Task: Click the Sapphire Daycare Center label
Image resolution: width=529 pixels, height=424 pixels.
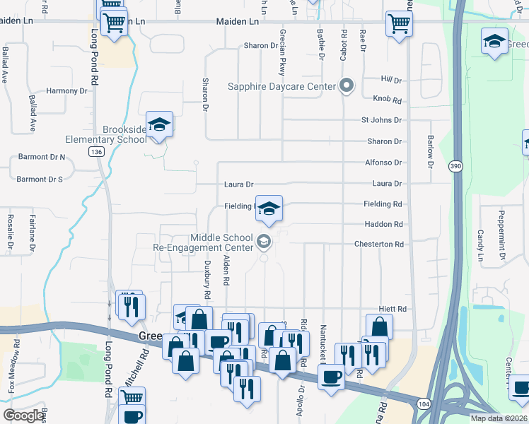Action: point(281,87)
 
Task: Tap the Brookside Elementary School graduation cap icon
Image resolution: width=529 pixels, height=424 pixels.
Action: point(160,124)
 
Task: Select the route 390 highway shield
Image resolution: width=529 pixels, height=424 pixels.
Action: point(456,165)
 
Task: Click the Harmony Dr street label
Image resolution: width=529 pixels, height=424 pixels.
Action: point(66,91)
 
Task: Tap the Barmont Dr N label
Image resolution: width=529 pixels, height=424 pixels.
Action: point(41,156)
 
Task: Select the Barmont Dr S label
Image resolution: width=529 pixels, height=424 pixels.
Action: point(40,179)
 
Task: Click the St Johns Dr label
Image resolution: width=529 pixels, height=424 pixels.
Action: point(381,121)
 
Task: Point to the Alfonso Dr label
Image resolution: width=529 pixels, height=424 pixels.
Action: point(383,163)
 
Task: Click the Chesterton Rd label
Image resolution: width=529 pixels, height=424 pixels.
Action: point(379,245)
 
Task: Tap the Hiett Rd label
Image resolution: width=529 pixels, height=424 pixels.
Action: point(392,310)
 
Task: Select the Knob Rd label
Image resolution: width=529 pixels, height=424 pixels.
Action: point(386,100)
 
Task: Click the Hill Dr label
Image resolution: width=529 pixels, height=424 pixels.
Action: point(390,80)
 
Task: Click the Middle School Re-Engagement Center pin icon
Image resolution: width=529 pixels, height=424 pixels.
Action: point(264,242)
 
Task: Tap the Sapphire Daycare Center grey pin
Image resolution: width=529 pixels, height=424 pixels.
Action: point(346,87)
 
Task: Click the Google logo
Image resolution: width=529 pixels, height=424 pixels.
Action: point(23,416)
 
